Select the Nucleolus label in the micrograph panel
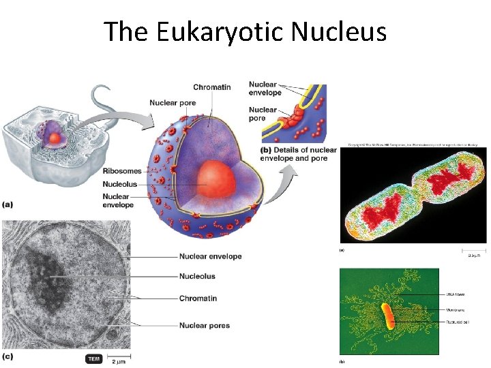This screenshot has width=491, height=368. tap(197, 277)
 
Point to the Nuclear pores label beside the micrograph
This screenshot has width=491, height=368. tap(205, 326)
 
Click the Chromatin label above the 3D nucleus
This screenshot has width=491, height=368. tap(211, 87)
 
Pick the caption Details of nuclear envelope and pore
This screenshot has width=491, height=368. tap(299, 154)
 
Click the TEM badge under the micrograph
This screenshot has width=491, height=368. tap(94, 358)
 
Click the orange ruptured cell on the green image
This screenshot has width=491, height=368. tap(387, 316)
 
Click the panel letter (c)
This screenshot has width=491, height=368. tap(8, 356)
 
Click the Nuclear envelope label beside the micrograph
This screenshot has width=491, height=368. tap(210, 257)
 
